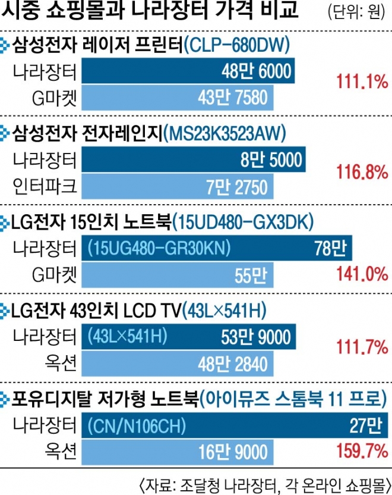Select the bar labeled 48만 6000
click(x=187, y=72)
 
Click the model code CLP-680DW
click(x=236, y=43)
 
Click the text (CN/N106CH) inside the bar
click(x=137, y=426)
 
